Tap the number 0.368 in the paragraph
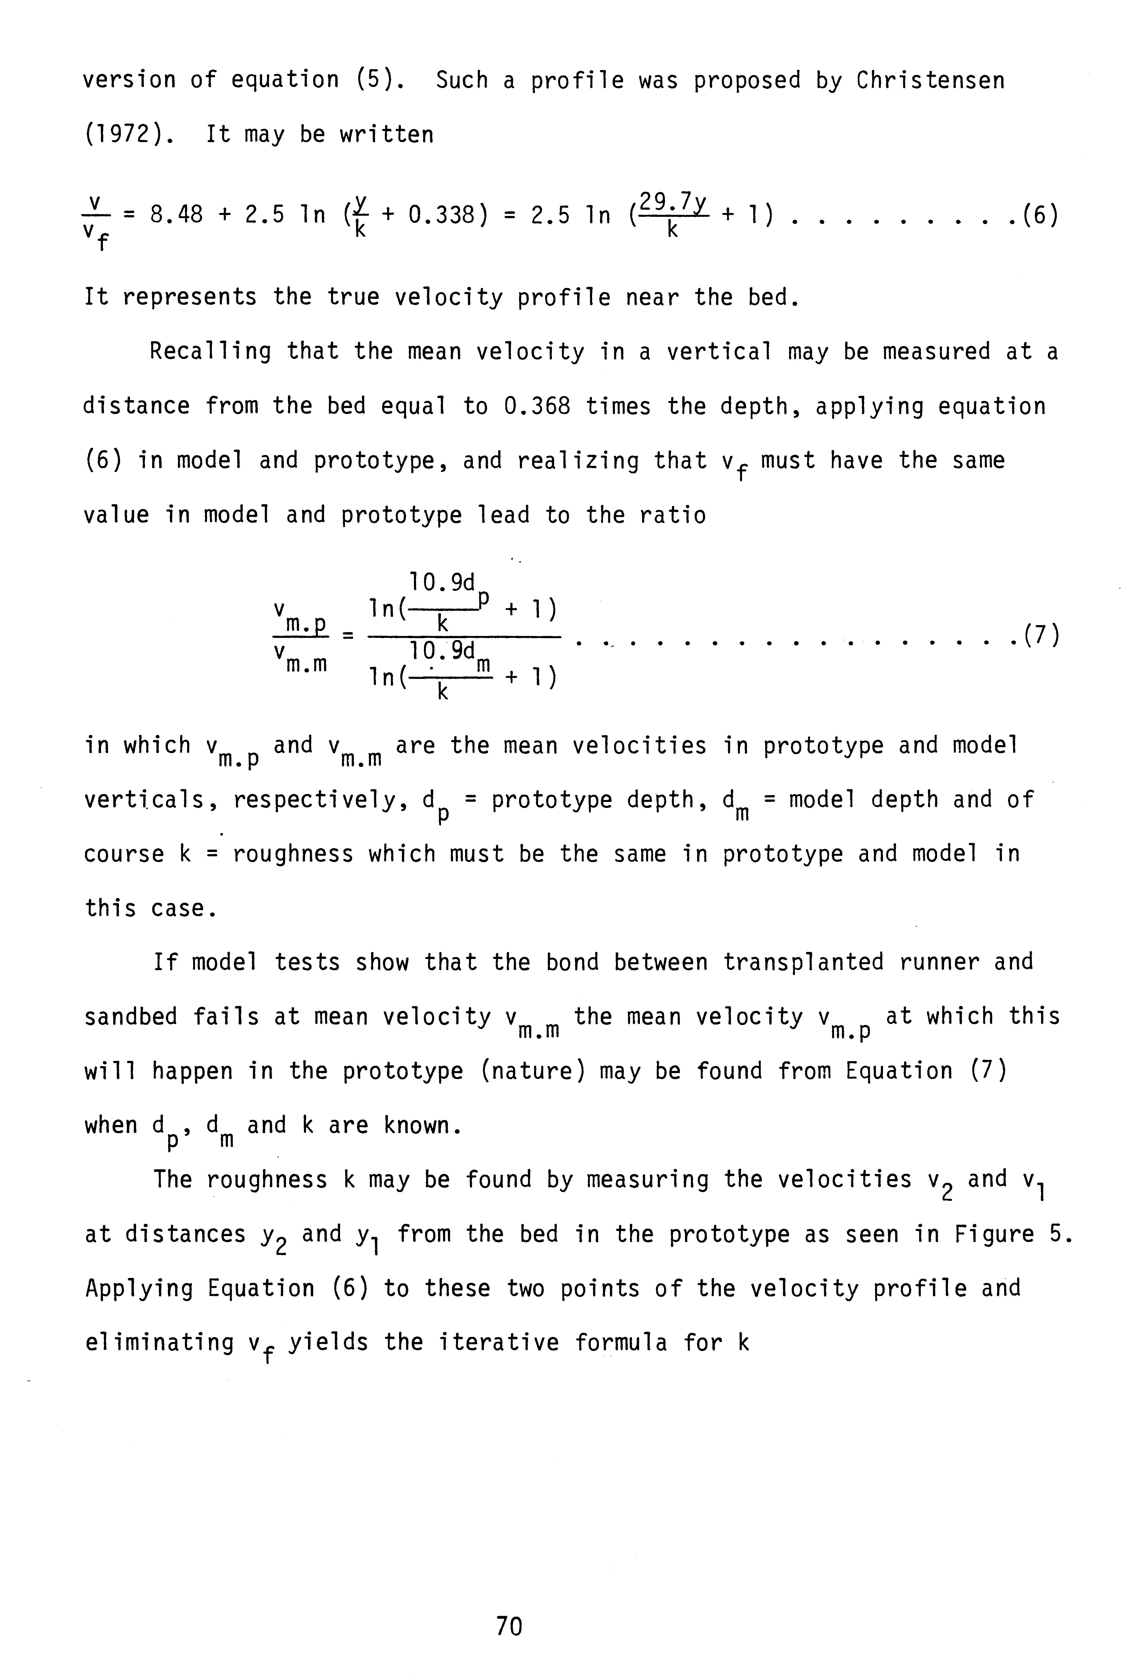tap(536, 406)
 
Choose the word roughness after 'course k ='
tap(293, 854)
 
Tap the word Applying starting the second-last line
tap(139, 1288)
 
